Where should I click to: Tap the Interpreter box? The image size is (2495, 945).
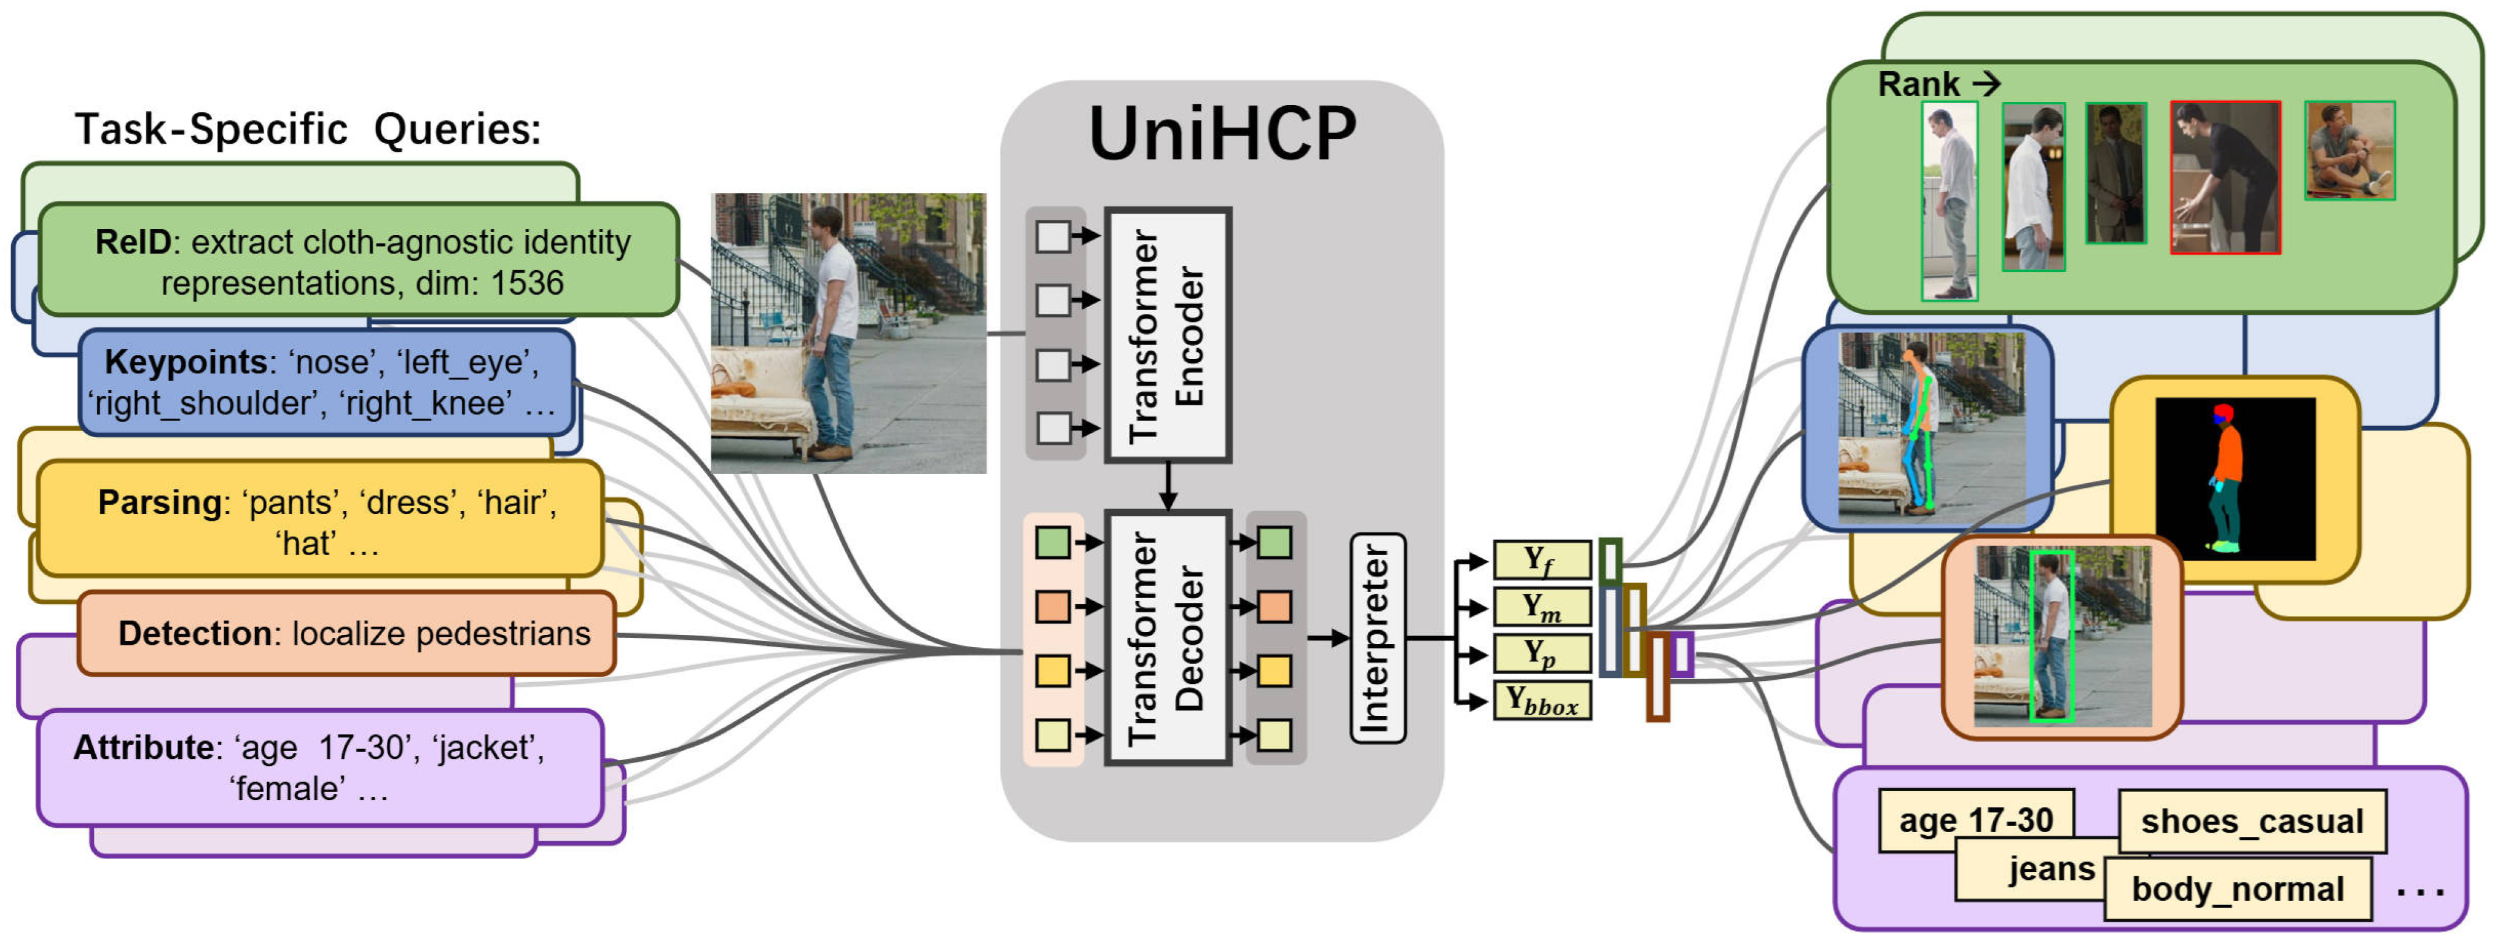1376,638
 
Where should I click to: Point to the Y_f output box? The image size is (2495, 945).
1541,559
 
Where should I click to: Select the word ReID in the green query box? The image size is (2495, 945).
133,242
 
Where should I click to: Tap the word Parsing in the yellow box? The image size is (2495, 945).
160,502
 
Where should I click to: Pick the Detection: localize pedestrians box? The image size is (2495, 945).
347,633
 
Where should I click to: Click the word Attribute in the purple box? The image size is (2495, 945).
143,747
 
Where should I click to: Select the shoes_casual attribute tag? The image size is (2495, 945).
2251,821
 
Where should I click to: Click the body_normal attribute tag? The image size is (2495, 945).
2238,889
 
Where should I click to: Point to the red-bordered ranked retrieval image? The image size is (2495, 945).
2225,178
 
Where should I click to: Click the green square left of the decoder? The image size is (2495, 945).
1053,542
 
